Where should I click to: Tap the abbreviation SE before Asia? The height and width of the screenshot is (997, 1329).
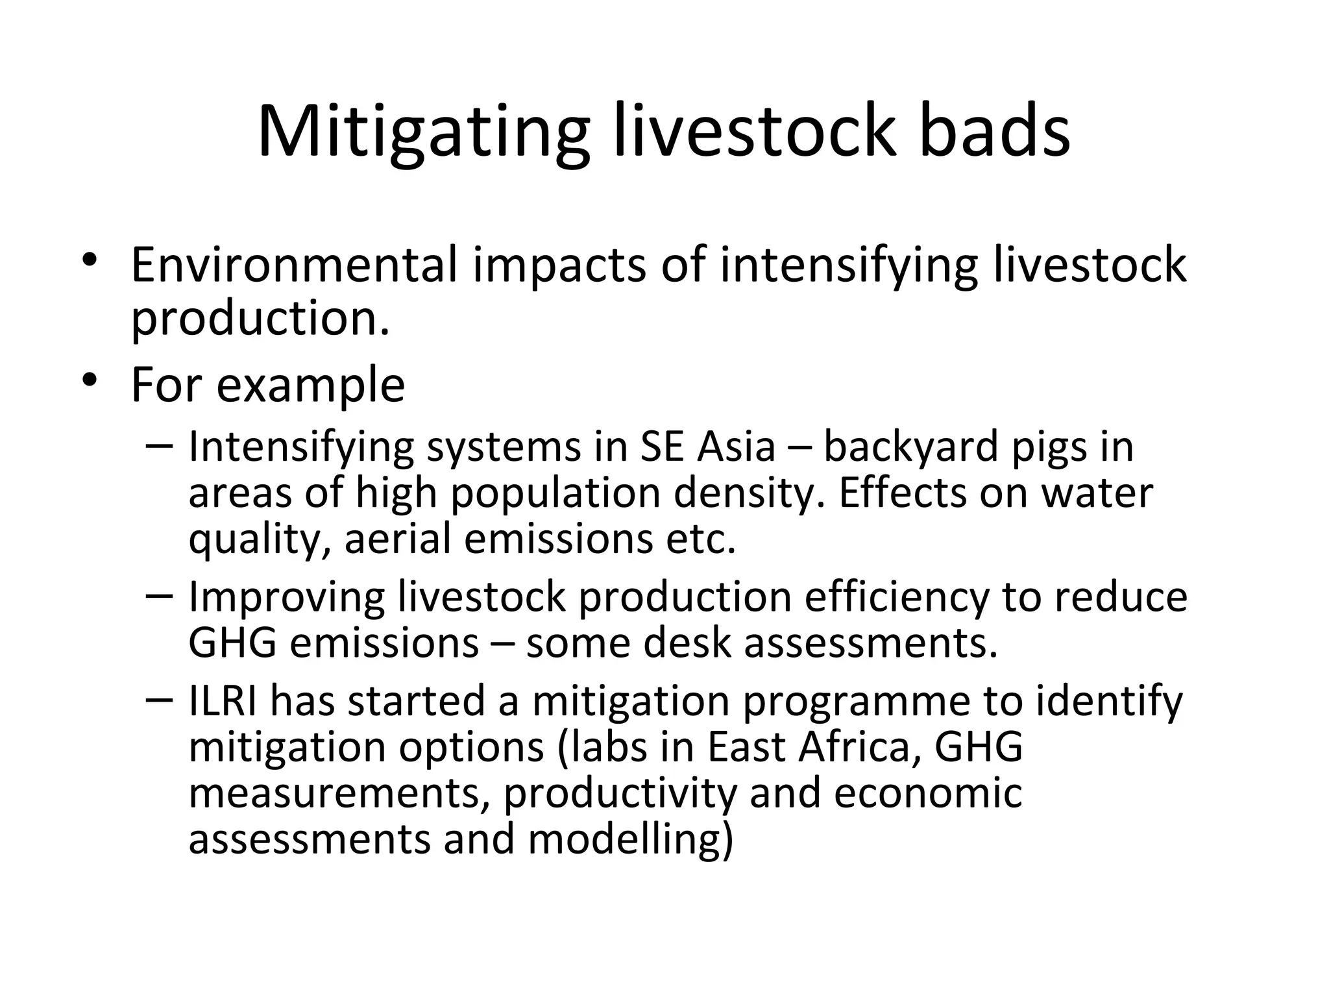click(661, 447)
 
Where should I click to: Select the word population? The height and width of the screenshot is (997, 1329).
click(555, 494)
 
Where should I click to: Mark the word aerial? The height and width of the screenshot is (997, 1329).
click(398, 539)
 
